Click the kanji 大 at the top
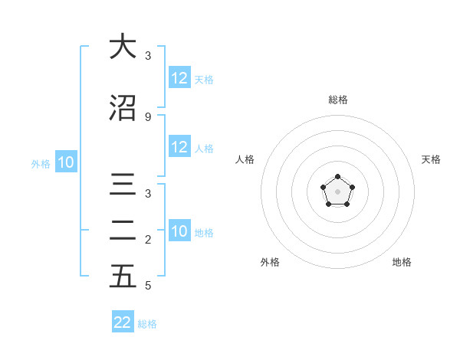123,47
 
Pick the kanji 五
123,277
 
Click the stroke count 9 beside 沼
148,116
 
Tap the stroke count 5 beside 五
148,286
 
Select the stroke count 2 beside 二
148,240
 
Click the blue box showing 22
123,322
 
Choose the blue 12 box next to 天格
179,78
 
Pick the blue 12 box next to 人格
179,148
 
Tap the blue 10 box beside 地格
179,232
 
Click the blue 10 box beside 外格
66,162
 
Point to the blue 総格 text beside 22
147,324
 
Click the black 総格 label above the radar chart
337,100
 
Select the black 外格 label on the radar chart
270,262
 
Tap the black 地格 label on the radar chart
402,262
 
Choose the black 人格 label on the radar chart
245,159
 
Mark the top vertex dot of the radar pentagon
337,177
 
